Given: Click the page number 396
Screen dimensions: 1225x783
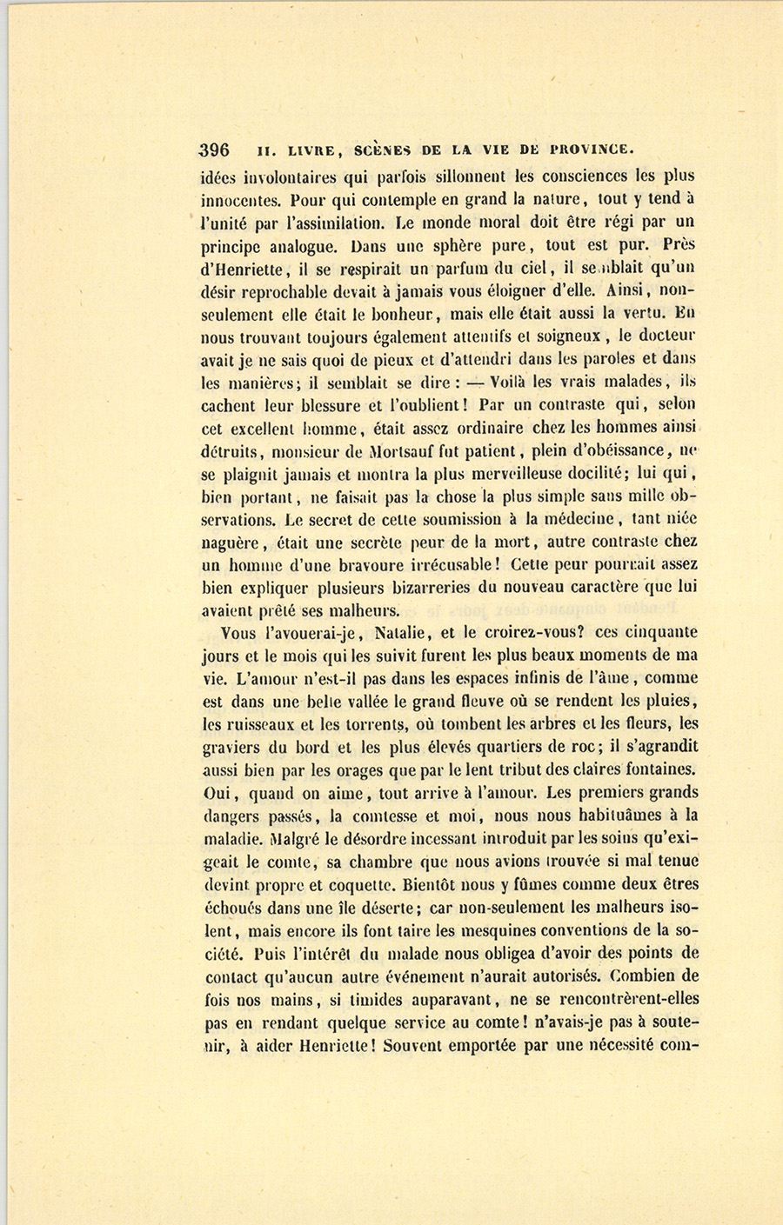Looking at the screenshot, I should [215, 149].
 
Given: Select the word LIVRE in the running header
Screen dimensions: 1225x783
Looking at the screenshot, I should [301, 150].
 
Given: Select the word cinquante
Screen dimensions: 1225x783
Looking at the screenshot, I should [658, 633].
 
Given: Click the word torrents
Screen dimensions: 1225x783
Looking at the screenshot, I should [375, 724].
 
